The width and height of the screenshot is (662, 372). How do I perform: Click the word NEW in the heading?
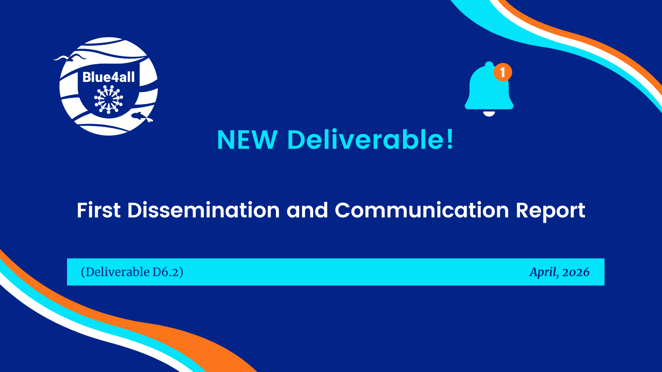247,140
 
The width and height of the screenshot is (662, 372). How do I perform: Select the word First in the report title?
99,210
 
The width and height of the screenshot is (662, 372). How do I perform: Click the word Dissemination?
204,210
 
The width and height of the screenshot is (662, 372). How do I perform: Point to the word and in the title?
307,210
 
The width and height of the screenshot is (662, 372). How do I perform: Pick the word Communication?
422,210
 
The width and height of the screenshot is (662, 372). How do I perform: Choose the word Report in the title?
551,211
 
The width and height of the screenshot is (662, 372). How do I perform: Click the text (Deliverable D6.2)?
132,272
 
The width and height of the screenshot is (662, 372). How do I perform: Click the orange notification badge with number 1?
503,72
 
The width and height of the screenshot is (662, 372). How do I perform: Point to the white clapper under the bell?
489,114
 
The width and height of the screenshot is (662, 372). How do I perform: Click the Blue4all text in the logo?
108,77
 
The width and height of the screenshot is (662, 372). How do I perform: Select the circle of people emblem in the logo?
108,99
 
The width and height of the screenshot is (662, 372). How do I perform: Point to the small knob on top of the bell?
489,64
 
